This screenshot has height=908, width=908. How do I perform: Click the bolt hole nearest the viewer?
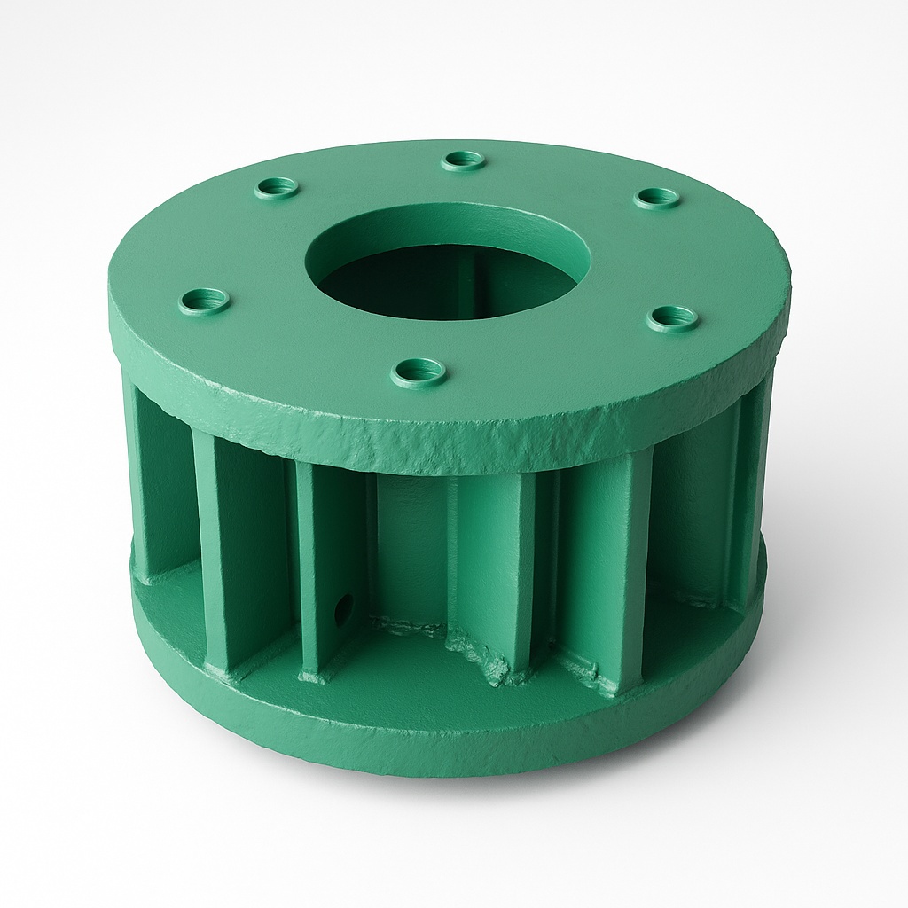point(418,370)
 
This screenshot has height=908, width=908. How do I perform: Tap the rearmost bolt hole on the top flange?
point(463,160)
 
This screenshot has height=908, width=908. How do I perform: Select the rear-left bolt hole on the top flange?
point(277,187)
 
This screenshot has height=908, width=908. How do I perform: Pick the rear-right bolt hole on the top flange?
point(657,197)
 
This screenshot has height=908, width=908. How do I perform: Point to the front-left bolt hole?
point(204,300)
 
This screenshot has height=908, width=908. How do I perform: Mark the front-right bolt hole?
point(672,317)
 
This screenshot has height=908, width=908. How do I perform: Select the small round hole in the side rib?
point(343,608)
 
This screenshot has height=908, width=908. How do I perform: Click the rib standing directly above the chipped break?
point(492,567)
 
